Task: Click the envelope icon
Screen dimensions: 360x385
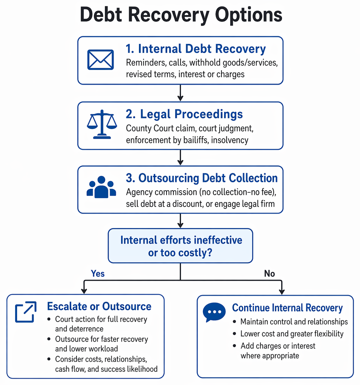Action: click(x=101, y=60)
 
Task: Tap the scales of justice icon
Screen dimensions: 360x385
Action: click(x=102, y=124)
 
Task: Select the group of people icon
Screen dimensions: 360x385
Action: click(x=101, y=187)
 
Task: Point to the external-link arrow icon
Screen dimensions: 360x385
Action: click(x=26, y=312)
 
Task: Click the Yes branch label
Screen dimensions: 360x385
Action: click(x=98, y=273)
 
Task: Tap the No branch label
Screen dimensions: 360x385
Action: click(x=270, y=273)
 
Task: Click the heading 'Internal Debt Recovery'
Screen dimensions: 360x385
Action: click(x=196, y=49)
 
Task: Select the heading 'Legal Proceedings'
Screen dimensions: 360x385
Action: click(x=184, y=114)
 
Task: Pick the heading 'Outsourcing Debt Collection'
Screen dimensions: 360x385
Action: click(x=202, y=178)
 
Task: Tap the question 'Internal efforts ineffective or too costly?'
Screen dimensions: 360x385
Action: click(x=181, y=246)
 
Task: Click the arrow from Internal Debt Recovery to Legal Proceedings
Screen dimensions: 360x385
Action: click(x=180, y=93)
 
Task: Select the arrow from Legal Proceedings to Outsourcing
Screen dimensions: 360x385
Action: click(x=180, y=157)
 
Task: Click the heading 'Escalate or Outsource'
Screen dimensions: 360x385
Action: click(x=99, y=306)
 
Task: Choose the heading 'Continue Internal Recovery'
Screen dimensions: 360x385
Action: click(x=287, y=308)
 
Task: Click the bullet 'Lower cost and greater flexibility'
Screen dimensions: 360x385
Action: click(x=292, y=334)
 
